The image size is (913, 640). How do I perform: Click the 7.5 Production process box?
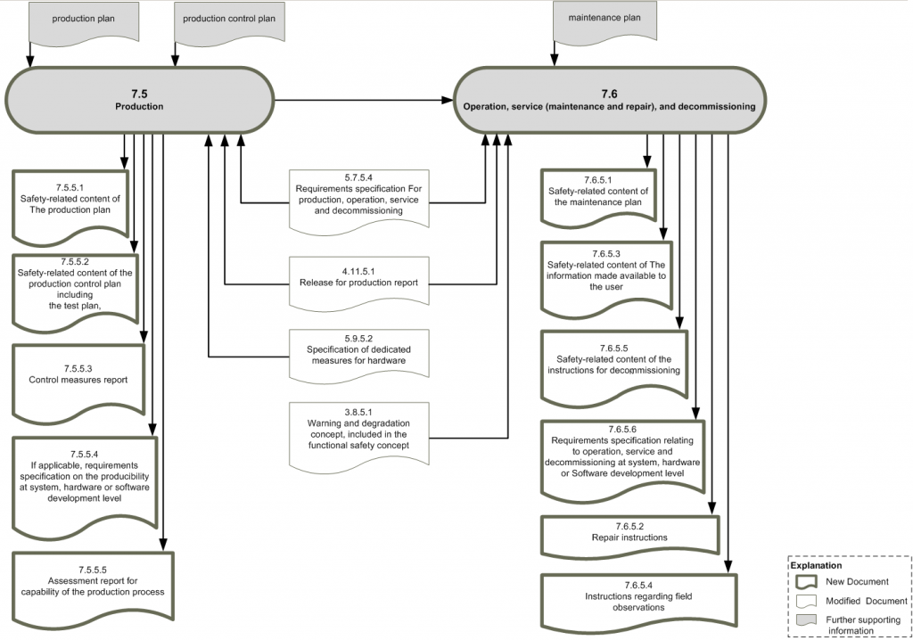[x=139, y=99]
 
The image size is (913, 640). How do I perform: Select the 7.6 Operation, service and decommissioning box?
[x=609, y=99]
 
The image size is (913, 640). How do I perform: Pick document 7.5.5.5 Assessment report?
[x=94, y=585]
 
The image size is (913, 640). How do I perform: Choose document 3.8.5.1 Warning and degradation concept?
[x=358, y=432]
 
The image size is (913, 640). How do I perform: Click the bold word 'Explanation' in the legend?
[x=815, y=564]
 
